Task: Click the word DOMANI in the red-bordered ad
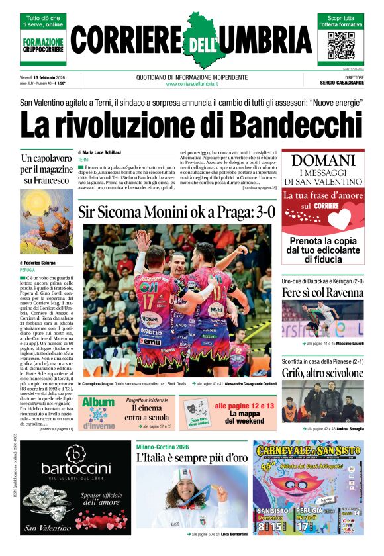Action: tap(324, 160)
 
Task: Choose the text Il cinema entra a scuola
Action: tap(148, 412)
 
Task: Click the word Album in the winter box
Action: tap(98, 402)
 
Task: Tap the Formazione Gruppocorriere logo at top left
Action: tap(43, 46)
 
